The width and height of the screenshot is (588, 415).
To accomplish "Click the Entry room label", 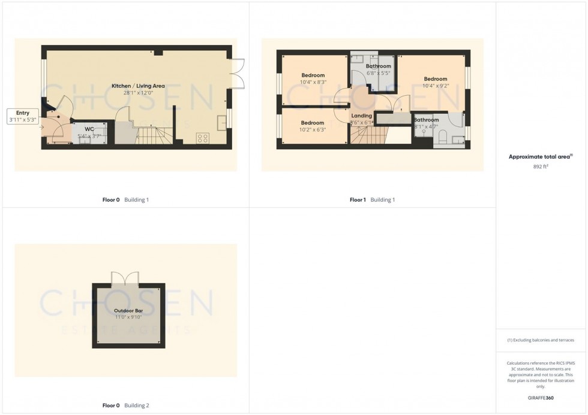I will [23, 113].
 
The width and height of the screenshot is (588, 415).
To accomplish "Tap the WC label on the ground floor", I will [89, 129].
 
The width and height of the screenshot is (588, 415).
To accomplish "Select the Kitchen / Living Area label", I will [138, 86].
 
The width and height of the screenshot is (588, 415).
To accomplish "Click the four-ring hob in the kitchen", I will [203, 138].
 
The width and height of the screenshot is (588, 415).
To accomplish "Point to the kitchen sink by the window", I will [221, 119].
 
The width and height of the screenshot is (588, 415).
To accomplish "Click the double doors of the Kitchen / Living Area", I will [237, 73].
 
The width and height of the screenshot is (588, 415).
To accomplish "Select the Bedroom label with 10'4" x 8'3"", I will [313, 75].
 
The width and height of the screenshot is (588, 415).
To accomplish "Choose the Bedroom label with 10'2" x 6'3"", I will [313, 122].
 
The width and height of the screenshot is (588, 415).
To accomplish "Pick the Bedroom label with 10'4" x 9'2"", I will [435, 79].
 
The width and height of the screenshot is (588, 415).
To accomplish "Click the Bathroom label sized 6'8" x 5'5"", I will [379, 66].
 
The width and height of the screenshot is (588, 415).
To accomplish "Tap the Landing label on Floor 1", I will [361, 116].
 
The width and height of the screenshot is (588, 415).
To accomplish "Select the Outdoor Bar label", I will [128, 311].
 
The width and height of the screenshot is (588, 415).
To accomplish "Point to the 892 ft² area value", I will [541, 166].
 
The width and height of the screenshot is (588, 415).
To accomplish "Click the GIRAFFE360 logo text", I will [541, 398].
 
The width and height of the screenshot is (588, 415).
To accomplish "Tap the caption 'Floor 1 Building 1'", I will [372, 200].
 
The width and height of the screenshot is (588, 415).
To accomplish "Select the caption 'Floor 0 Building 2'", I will [125, 405].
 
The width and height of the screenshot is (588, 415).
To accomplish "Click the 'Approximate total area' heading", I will [539, 157].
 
